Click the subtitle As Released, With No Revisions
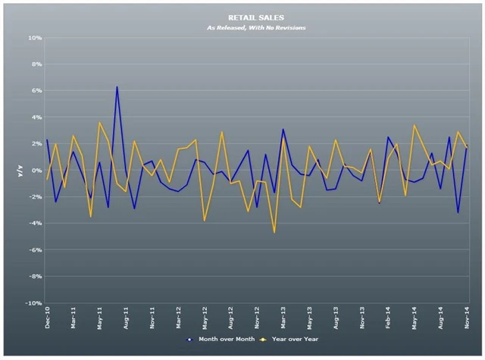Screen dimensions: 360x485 tap(246, 27)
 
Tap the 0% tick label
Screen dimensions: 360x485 tap(35, 171)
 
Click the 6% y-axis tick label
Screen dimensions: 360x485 tap(35, 91)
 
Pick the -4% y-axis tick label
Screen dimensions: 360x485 tap(34, 224)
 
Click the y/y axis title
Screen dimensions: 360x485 tap(21, 171)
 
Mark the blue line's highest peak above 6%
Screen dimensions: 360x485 tap(117, 86)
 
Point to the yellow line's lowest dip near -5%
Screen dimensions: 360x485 tap(274, 233)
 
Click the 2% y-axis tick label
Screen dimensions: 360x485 tap(35, 144)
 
